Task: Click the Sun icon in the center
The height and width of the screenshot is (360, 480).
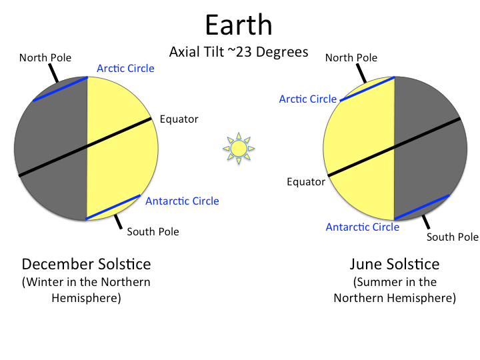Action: [x=239, y=147]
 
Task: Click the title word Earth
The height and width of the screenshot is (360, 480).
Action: [x=239, y=25]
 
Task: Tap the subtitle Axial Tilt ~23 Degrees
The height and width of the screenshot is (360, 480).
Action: [x=239, y=51]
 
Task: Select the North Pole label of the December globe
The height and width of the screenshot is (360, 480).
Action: [x=45, y=58]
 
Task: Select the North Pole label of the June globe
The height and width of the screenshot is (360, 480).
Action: [x=351, y=58]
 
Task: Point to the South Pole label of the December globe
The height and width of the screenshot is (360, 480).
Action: [x=153, y=232]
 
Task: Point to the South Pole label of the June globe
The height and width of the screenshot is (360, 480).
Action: [x=453, y=237]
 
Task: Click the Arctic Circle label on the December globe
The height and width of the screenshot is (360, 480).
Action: [x=125, y=68]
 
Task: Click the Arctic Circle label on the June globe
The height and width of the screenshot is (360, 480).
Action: [x=308, y=99]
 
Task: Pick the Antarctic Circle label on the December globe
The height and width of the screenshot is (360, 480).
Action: [x=182, y=201]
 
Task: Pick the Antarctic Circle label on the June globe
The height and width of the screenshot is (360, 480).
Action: [x=363, y=227]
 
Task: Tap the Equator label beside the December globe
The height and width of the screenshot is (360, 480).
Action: [x=179, y=119]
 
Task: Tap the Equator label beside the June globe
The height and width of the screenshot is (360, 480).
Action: [x=306, y=181]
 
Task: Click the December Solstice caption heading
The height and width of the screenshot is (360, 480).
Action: [x=86, y=263]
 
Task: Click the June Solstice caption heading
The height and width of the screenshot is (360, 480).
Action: [x=395, y=263]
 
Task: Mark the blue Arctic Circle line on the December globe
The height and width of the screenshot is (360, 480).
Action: [x=60, y=89]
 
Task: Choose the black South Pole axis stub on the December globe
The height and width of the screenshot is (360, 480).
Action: [x=117, y=220]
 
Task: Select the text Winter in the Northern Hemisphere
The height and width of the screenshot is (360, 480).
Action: [x=86, y=289]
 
